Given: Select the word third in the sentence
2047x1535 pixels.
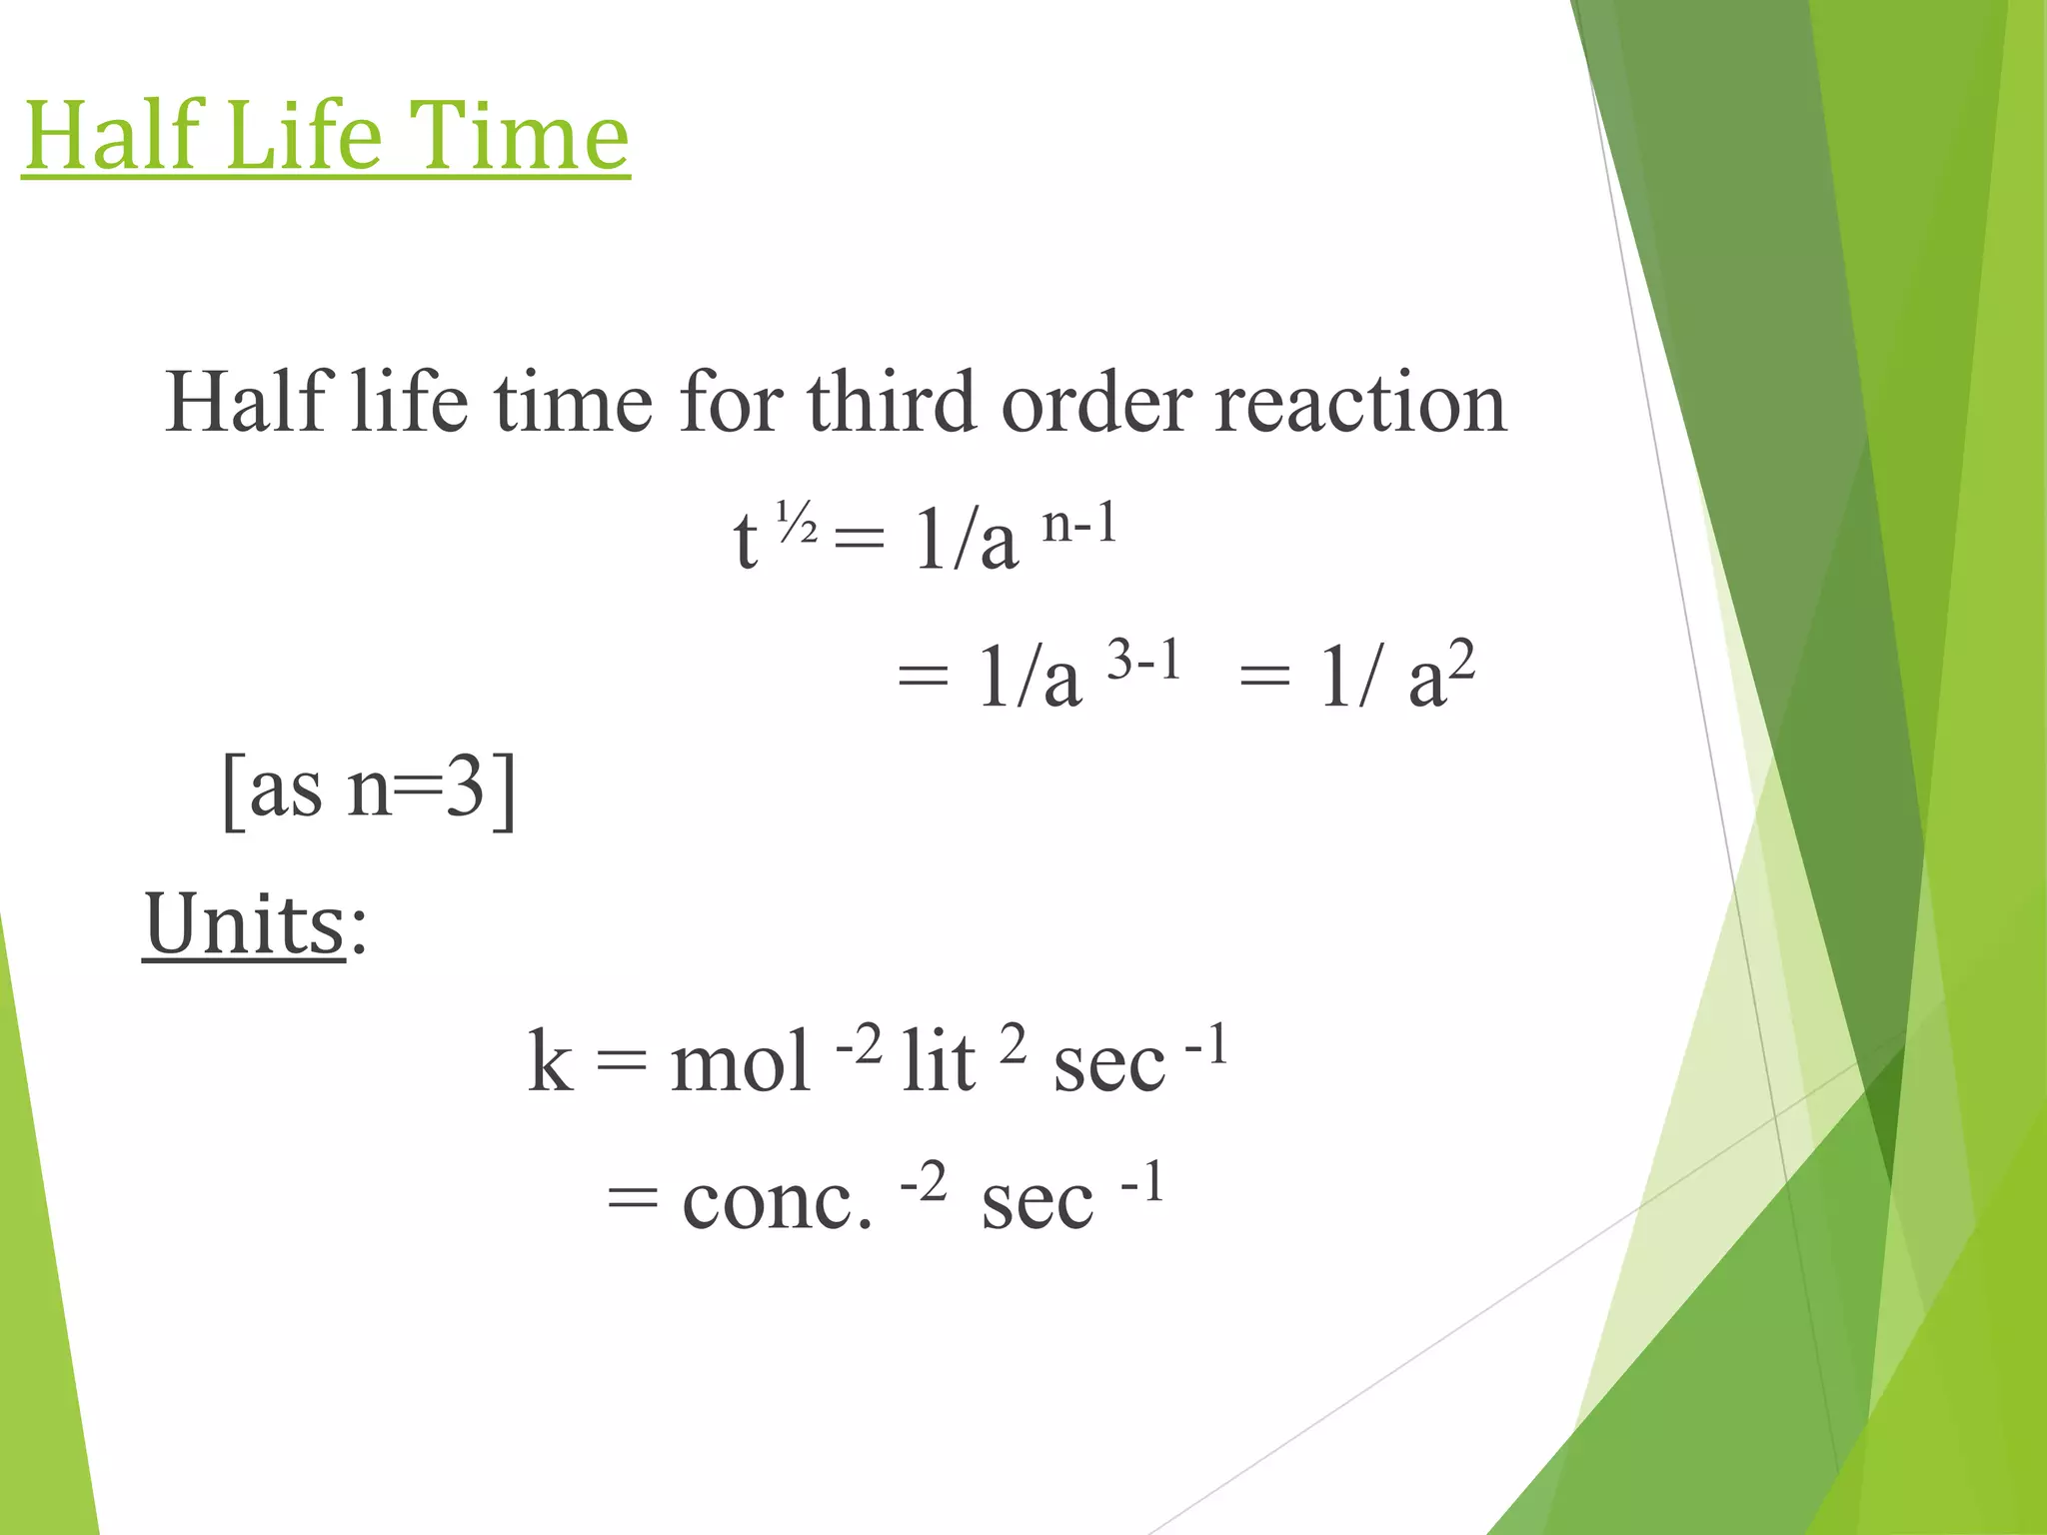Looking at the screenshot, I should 891,402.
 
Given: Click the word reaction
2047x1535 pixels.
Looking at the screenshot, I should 1360,404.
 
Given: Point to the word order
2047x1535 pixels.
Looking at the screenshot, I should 1096,402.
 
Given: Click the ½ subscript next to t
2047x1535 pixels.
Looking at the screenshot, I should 797,523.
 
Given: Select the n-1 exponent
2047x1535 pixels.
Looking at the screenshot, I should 1079,522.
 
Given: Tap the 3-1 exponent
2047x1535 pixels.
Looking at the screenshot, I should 1144,660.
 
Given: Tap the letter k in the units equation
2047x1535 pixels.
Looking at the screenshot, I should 551,1060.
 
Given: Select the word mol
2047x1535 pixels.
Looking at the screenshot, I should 740,1060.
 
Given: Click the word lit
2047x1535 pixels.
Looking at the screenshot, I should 938,1060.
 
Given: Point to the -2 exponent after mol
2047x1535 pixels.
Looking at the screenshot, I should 859,1044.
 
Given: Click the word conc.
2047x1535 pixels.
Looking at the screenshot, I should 777,1199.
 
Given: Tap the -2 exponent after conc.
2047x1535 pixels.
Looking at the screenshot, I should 923,1182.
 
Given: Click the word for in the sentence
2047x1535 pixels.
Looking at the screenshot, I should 731,402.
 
